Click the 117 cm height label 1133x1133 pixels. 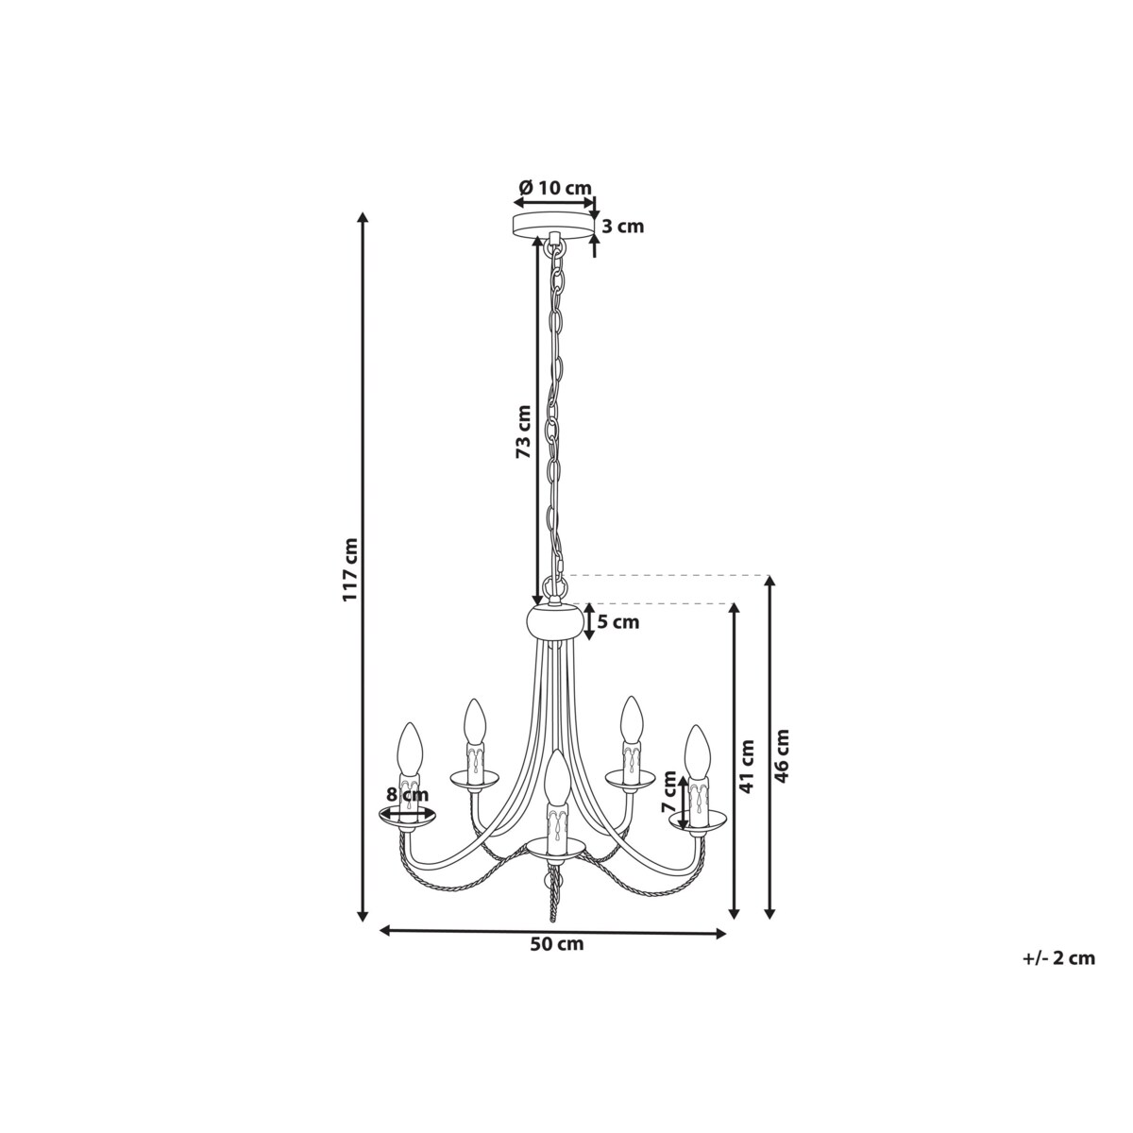[350, 568]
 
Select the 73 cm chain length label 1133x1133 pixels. [523, 432]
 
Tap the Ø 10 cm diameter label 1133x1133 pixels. [555, 188]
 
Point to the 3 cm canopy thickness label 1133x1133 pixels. [621, 226]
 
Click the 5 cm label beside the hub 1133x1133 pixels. [617, 622]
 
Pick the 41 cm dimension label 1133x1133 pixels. [746, 766]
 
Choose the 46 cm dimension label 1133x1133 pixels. [782, 755]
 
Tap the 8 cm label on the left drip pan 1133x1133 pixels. [408, 795]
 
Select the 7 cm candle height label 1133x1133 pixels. [669, 791]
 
